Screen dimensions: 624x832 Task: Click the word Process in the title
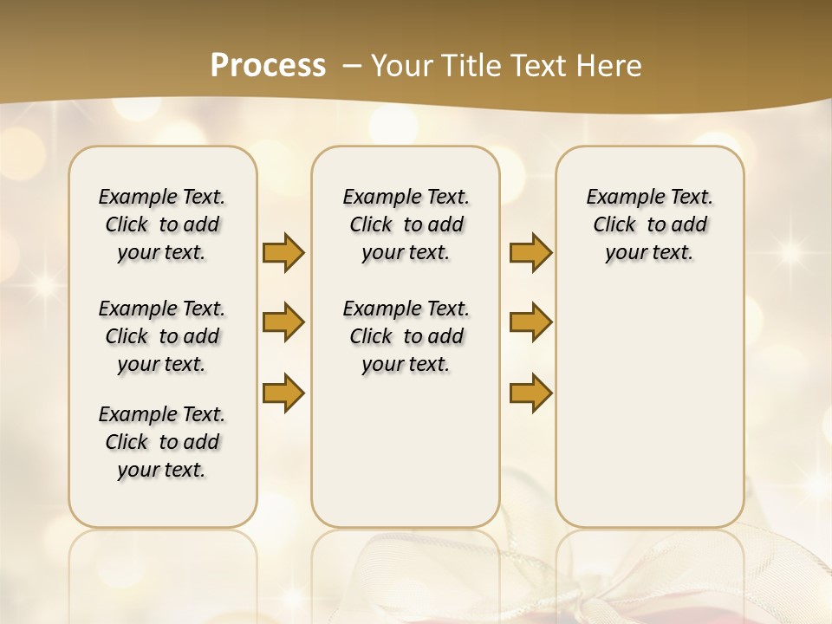point(268,66)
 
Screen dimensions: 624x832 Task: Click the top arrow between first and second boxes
point(283,252)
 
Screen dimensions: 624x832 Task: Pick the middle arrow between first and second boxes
point(283,322)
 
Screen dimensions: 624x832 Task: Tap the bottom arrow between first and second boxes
point(283,393)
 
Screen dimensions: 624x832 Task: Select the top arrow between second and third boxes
point(530,252)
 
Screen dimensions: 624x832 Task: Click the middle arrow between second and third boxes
point(530,322)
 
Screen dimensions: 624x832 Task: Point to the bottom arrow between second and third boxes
point(530,393)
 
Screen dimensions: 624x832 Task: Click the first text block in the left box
point(162,224)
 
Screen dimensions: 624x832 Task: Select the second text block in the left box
point(162,336)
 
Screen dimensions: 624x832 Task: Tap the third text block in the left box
point(162,442)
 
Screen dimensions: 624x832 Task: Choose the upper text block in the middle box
point(406,224)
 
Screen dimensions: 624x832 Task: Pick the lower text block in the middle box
point(406,336)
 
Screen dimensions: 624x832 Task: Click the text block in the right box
point(650,224)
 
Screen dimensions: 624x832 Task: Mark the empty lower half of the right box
point(650,407)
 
